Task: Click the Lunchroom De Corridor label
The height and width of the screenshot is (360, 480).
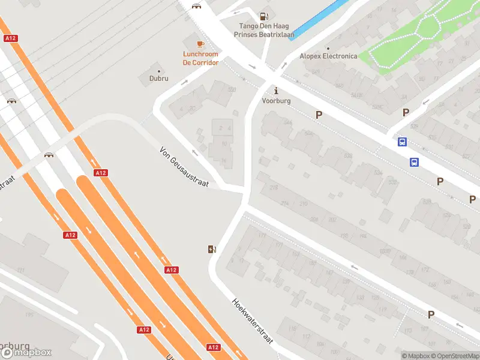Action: (x=200, y=58)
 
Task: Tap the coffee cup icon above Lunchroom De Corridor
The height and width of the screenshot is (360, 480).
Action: (x=200, y=44)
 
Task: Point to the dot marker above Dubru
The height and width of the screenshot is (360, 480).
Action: (x=158, y=71)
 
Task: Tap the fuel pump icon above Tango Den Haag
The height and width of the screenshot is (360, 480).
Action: (x=263, y=16)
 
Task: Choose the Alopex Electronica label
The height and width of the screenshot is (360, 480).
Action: (x=328, y=56)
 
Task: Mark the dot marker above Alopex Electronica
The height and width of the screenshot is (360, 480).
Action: (x=328, y=49)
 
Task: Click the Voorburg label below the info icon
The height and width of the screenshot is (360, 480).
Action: (x=276, y=101)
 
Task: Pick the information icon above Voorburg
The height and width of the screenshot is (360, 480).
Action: (x=276, y=91)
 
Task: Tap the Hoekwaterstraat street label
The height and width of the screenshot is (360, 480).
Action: (x=253, y=321)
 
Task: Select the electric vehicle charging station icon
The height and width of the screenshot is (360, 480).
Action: (x=212, y=249)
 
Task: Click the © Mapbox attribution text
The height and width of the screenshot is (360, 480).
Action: (x=417, y=356)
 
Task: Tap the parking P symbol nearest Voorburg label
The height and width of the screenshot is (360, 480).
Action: (x=319, y=115)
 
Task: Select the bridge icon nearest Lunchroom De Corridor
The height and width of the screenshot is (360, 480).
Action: (x=196, y=6)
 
